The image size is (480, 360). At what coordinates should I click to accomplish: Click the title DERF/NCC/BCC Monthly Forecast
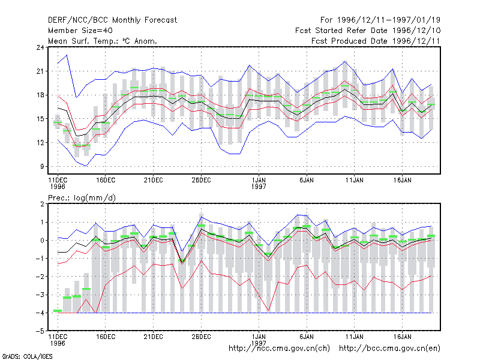click(112, 20)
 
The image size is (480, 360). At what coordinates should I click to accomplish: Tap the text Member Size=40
click(80, 31)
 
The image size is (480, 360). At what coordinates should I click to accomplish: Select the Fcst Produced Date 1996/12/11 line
click(376, 41)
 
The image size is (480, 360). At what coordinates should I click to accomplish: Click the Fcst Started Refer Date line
click(368, 31)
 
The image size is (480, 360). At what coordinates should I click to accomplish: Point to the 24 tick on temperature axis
click(40, 47)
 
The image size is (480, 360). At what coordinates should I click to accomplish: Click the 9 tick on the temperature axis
click(42, 167)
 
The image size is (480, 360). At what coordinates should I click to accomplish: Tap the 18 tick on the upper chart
click(40, 95)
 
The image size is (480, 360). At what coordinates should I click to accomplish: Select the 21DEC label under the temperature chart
click(153, 180)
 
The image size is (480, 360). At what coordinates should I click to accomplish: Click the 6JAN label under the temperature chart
click(307, 180)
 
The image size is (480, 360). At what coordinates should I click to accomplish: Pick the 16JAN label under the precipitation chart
click(402, 337)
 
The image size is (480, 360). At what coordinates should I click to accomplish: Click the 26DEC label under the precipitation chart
click(201, 337)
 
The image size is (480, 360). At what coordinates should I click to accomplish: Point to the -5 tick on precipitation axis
click(40, 331)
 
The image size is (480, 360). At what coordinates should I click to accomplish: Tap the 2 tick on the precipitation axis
click(42, 204)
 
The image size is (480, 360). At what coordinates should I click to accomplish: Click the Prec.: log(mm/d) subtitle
click(82, 198)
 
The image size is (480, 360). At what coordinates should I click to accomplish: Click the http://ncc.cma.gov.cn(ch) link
click(279, 349)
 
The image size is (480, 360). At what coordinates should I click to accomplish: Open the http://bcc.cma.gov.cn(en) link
click(389, 349)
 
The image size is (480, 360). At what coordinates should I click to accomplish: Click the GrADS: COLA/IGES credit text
click(27, 356)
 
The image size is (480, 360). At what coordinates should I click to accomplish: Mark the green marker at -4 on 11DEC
click(58, 311)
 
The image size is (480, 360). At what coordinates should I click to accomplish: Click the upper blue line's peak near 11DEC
click(67, 55)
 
